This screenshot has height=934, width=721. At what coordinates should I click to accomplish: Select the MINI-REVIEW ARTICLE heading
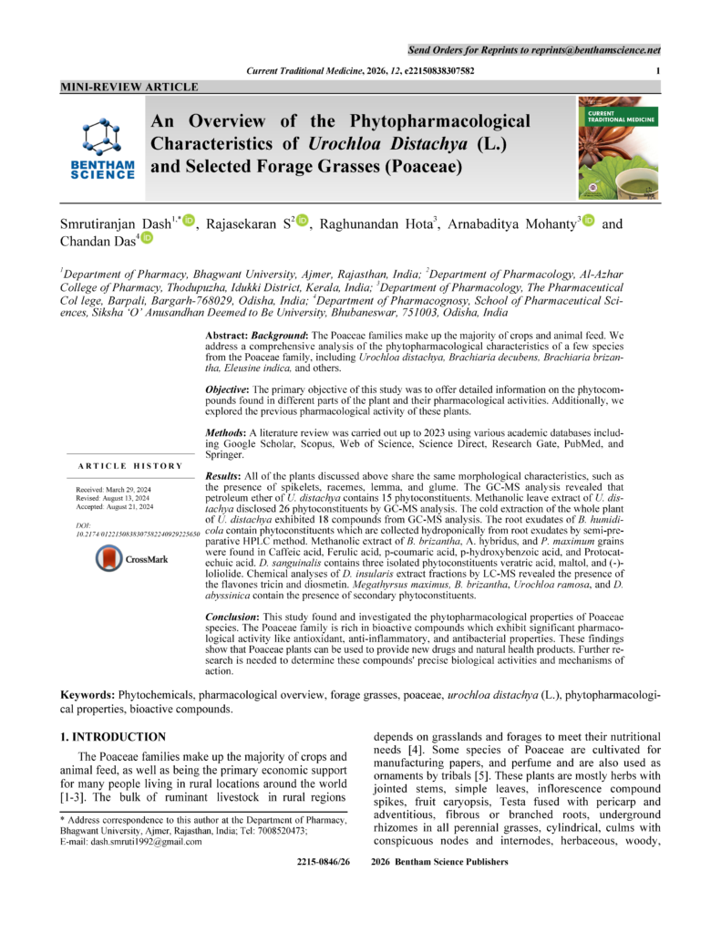129,87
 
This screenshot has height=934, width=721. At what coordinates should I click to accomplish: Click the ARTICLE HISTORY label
136,466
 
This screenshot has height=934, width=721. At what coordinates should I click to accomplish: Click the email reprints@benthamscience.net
596,47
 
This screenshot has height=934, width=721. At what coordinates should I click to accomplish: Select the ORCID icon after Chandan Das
147,238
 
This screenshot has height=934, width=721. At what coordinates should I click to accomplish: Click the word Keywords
91,695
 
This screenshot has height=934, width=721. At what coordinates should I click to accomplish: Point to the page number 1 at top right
657,70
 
